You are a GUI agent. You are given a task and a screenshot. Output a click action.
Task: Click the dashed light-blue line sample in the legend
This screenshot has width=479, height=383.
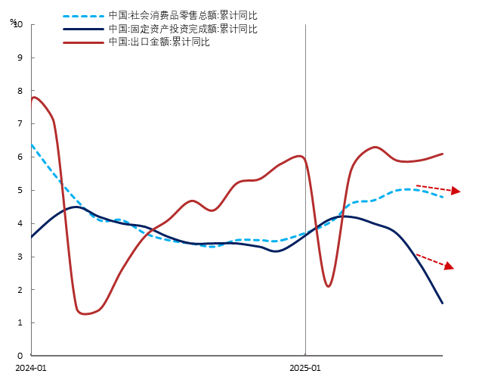click(x=83, y=16)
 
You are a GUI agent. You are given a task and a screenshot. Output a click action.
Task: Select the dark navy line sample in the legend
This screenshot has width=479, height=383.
click(x=83, y=30)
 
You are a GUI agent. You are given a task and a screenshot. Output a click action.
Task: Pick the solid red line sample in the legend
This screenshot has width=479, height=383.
click(x=83, y=42)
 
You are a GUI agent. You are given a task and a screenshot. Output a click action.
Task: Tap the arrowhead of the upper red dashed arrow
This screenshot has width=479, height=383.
click(x=456, y=191)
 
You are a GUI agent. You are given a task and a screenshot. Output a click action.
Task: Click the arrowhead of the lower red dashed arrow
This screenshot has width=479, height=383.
click(x=450, y=266)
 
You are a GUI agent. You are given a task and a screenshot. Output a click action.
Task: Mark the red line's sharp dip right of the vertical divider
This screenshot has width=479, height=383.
click(x=329, y=285)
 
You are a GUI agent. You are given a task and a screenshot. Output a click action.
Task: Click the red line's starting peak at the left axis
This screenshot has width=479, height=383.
click(x=33, y=97)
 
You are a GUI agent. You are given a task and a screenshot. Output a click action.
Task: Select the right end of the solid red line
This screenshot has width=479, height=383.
click(x=443, y=154)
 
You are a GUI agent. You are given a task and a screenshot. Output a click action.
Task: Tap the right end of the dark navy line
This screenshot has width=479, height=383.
click(x=442, y=303)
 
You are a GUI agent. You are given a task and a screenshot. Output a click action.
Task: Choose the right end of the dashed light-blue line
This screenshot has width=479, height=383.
click(x=443, y=197)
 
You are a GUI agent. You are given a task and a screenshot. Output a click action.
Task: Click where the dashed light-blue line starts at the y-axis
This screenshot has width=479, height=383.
click(x=32, y=144)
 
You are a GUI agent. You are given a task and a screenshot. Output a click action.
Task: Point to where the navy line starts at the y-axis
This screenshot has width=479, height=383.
click(x=32, y=236)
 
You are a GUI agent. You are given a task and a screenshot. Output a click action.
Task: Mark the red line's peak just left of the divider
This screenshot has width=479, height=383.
click(x=300, y=156)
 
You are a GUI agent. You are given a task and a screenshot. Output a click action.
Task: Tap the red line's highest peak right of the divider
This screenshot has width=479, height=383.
click(x=375, y=147)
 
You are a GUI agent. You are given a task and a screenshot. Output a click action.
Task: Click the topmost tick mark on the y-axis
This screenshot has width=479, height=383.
click(x=32, y=25)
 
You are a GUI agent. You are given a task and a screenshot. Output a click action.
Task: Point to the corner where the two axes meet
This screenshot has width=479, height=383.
click(x=31, y=355)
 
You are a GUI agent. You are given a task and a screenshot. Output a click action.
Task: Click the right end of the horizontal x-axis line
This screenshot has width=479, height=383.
click(x=442, y=355)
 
